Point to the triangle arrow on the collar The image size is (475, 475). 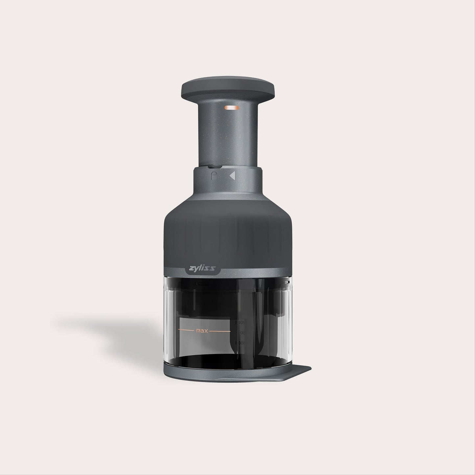tap(232, 176)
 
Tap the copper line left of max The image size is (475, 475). tap(185, 329)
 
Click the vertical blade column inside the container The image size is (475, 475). tap(253, 312)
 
